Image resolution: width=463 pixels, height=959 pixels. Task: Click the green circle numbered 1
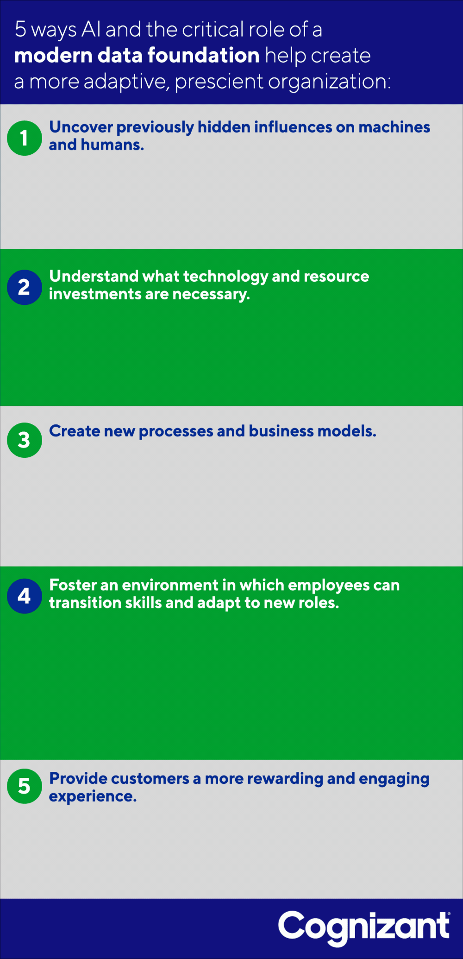point(25,138)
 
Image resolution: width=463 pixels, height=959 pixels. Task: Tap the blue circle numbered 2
point(25,287)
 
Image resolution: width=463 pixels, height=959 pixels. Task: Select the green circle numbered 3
point(25,440)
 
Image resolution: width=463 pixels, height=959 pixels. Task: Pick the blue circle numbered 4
point(25,596)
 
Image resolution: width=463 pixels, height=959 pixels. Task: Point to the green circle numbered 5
point(25,786)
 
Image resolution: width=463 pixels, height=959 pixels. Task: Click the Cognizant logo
point(364,928)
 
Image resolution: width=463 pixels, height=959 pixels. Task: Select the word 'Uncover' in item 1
point(81,127)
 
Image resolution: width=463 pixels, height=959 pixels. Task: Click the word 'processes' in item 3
point(176,431)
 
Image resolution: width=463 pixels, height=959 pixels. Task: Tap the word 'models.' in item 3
point(347,431)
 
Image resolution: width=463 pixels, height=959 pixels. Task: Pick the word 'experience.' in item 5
point(93,797)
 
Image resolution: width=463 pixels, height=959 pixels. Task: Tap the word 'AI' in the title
point(91,30)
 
